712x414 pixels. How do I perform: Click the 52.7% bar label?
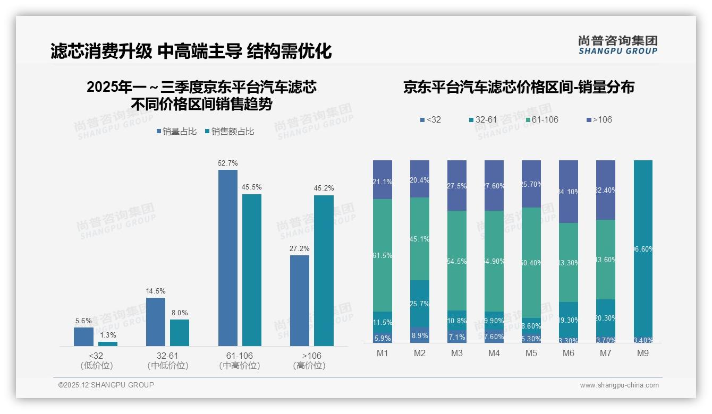pos(228,163)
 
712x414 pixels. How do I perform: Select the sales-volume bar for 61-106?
pos(228,258)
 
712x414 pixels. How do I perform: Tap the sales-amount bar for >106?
pos(324,271)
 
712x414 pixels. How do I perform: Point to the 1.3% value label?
pos(107,335)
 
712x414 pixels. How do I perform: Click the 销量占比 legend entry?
pos(179,131)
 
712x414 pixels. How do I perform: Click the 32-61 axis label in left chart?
pos(167,356)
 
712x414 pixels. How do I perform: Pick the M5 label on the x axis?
pos(531,353)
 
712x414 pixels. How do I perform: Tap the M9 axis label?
pos(642,353)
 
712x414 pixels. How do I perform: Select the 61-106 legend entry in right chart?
pos(541,119)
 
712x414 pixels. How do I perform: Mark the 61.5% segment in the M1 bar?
pos(383,255)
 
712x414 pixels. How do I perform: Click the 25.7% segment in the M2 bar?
pos(420,304)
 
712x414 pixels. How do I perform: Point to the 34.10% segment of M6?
pos(568,192)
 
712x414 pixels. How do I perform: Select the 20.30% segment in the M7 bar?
pos(605,318)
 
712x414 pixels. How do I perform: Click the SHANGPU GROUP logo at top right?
pos(617,45)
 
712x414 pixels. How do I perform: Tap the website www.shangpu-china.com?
pos(619,385)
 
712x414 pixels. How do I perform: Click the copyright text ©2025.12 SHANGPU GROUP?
pos(106,385)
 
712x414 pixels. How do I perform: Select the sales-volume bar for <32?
pos(83,337)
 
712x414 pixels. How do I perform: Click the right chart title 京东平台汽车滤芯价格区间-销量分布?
pos(519,88)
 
